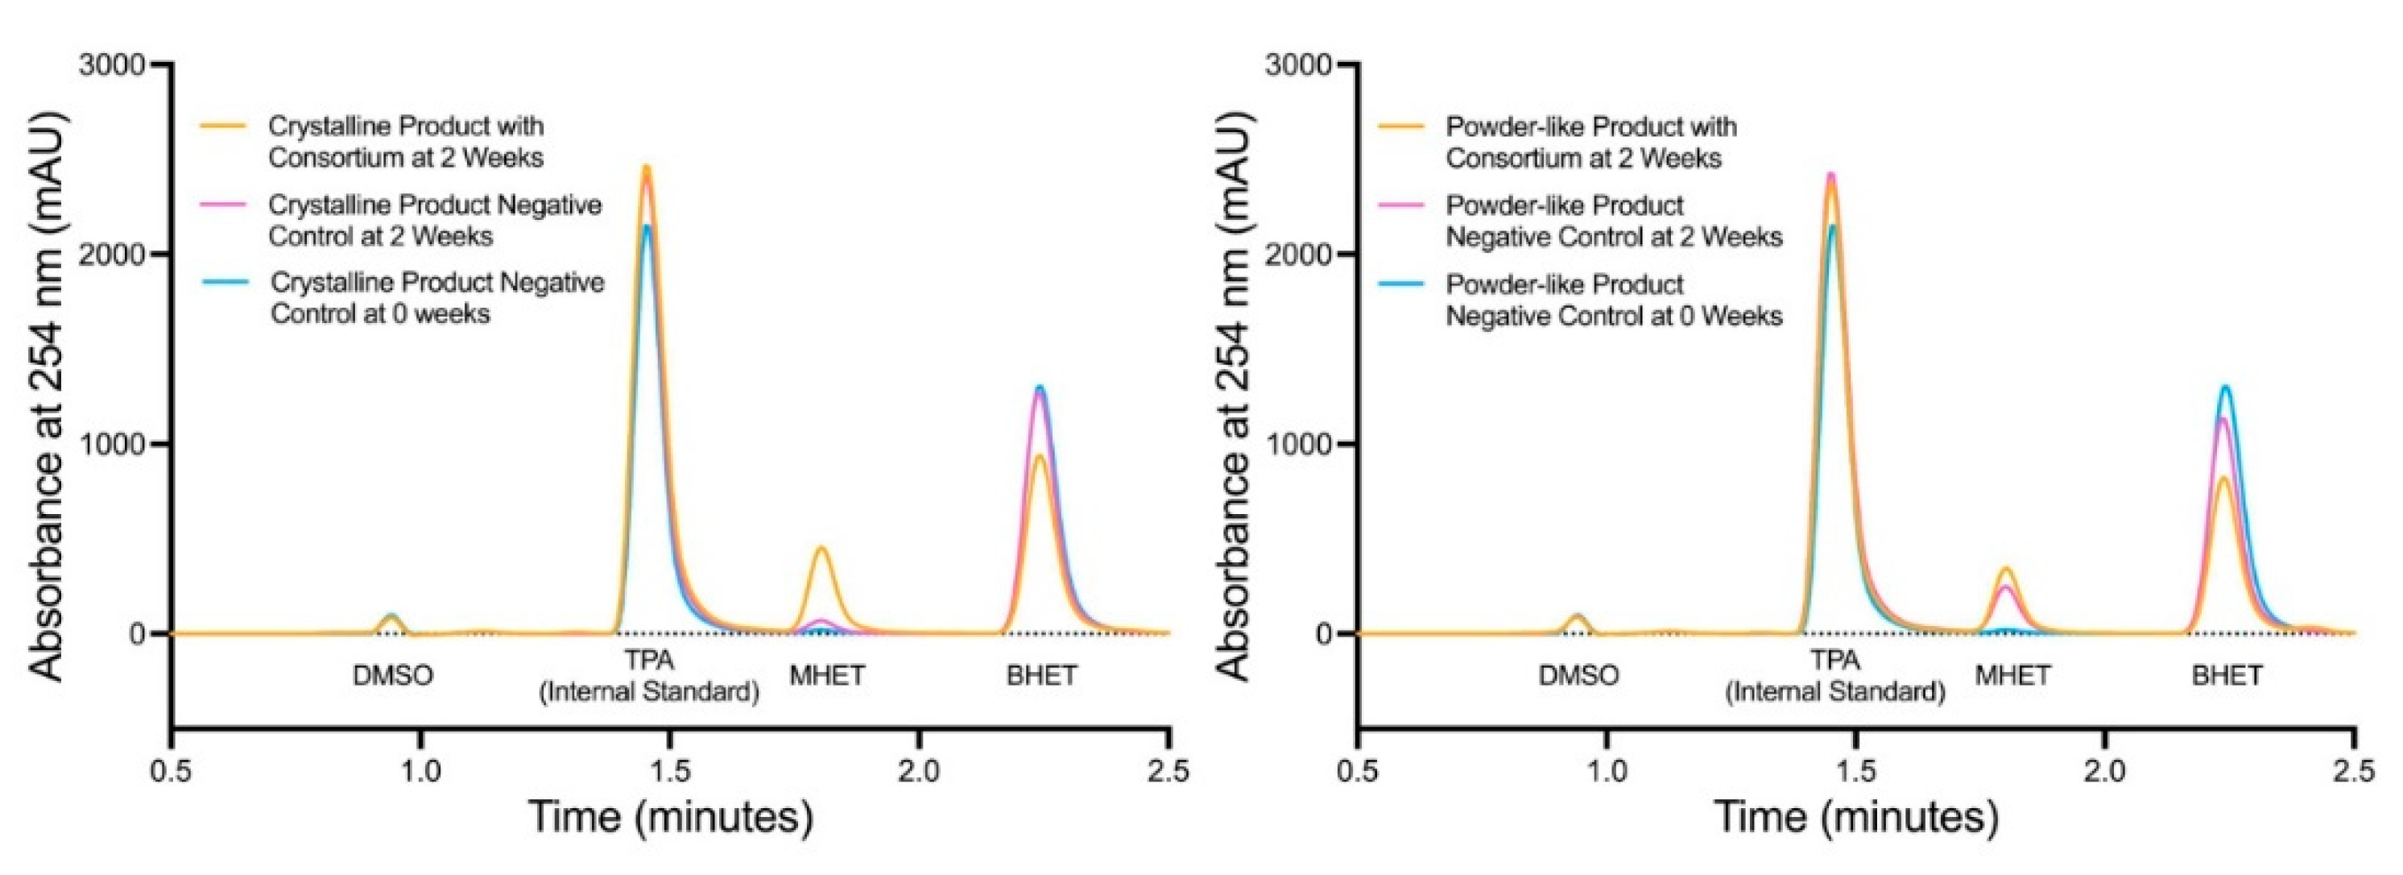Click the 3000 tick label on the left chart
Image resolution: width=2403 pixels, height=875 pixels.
click(112, 65)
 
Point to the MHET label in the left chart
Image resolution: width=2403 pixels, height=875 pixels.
click(827, 675)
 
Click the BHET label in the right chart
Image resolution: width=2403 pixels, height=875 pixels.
click(2227, 675)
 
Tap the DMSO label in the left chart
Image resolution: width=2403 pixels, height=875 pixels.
click(393, 675)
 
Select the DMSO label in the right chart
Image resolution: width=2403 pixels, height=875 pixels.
click(1578, 675)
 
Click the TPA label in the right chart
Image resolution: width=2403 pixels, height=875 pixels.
click(1835, 661)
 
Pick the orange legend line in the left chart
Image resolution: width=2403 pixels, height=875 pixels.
click(225, 125)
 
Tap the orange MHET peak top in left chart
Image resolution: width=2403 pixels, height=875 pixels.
click(822, 549)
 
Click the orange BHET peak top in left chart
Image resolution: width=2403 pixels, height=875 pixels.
click(1039, 456)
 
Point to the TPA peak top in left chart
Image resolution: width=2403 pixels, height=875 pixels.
click(646, 168)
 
